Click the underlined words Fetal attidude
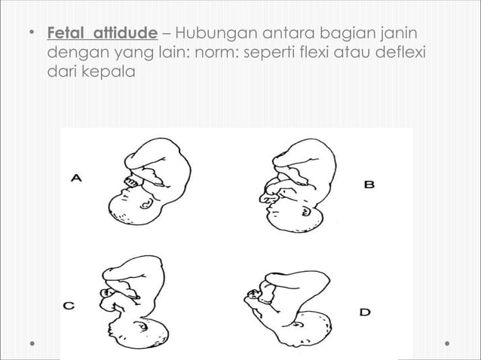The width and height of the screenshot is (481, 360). [x=103, y=35]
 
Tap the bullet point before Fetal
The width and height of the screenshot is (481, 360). [x=31, y=35]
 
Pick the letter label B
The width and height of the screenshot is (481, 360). [x=369, y=183]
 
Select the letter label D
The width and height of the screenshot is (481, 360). [x=364, y=310]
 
